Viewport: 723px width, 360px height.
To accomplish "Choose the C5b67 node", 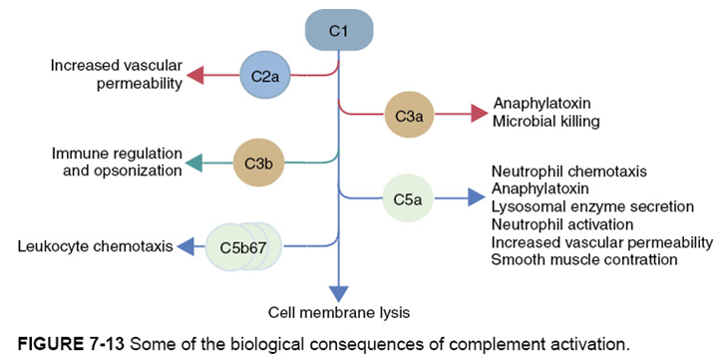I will pos(243,244).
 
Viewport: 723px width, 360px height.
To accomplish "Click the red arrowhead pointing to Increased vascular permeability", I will pos(195,76).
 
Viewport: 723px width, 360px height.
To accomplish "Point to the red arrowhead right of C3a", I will pos(478,115).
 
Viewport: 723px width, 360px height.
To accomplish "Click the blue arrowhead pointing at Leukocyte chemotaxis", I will pos(185,244).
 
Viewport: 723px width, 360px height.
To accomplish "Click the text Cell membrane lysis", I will pos(340,312).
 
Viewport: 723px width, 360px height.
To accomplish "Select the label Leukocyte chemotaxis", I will pos(93,244).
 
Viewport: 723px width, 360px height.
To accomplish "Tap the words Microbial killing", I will pos(545,122).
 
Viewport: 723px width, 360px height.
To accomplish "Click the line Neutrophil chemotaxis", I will pos(568,171).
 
